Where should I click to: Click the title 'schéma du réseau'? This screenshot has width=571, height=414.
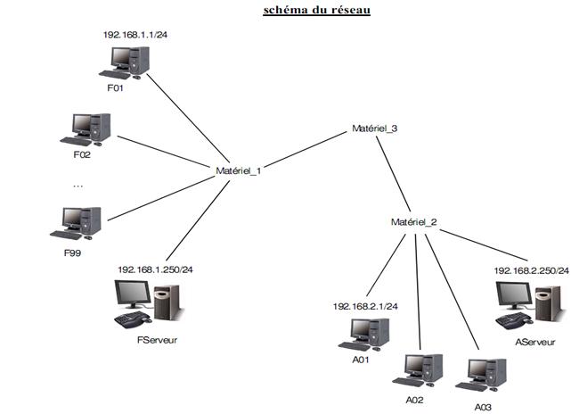[x=316, y=10]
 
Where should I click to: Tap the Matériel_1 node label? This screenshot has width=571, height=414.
[x=238, y=170]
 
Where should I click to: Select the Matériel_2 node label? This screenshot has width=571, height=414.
[x=413, y=222]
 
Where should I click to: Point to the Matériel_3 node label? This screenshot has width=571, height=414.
[x=374, y=128]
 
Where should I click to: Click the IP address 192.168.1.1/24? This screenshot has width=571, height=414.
[x=135, y=35]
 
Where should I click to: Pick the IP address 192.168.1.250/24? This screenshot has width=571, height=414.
[x=155, y=269]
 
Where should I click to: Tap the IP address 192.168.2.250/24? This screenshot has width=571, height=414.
[x=531, y=270]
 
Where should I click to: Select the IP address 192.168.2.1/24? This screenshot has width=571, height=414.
[x=365, y=306]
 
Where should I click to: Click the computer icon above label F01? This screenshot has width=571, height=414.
[x=124, y=62]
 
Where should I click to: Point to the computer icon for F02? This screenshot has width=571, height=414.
[x=86, y=129]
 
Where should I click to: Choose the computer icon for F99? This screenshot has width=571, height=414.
[x=76, y=223]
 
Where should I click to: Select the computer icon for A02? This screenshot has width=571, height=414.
[x=418, y=370]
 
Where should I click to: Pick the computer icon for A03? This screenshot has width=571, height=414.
[x=481, y=375]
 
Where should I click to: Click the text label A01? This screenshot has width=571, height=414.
[x=361, y=360]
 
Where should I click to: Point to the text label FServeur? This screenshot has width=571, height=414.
[x=157, y=340]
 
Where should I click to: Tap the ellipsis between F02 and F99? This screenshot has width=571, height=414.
[x=77, y=186]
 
